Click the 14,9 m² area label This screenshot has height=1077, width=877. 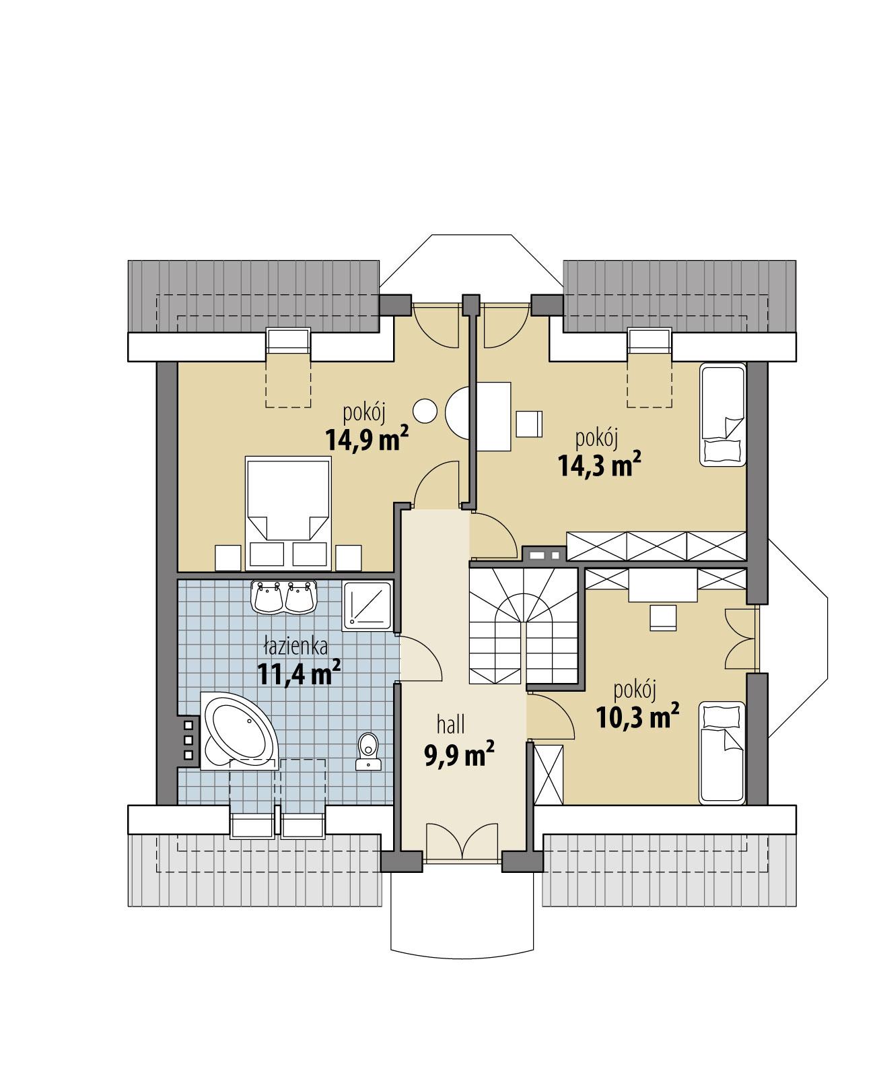[367, 440]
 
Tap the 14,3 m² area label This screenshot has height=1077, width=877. [598, 465]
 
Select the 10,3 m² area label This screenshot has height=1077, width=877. [637, 717]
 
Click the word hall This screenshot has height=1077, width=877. [451, 725]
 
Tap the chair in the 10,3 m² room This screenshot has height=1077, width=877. [663, 617]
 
